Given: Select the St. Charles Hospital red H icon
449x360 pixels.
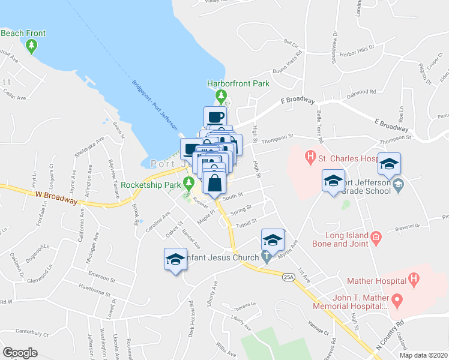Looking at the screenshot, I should click(x=310, y=158).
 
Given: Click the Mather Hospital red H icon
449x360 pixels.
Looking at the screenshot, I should click(x=413, y=279).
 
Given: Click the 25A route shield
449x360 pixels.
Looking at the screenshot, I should click(x=288, y=277).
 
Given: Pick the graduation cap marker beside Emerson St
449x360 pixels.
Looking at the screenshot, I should click(x=175, y=260).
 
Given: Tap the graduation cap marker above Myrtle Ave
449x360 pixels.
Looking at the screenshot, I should click(x=272, y=240).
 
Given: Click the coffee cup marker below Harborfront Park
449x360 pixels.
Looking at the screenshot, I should click(x=215, y=117).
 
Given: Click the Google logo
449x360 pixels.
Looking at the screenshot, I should click(x=20, y=353).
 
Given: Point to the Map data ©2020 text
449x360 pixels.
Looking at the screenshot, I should click(x=423, y=355).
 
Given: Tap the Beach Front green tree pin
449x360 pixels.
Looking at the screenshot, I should click(x=32, y=45).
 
